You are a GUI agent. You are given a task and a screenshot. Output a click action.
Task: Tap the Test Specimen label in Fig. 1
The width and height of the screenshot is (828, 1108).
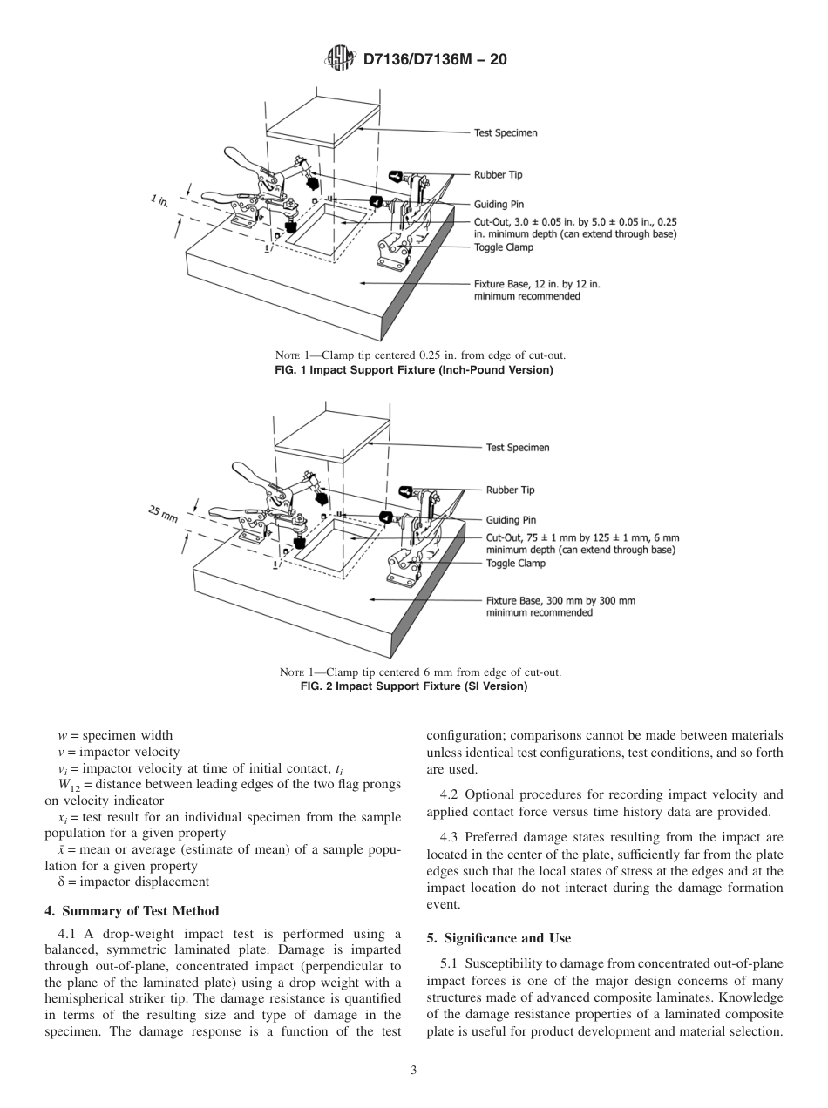coord(506,133)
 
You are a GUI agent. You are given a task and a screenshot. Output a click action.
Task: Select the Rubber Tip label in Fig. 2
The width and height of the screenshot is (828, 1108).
coord(510,490)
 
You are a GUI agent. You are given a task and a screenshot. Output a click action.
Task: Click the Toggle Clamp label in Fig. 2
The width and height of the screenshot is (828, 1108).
coord(515,563)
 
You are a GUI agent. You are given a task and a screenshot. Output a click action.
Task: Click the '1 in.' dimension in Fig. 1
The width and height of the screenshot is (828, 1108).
coord(159,202)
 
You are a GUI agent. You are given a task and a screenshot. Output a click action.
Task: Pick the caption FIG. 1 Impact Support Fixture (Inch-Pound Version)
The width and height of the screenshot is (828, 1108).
coord(414,370)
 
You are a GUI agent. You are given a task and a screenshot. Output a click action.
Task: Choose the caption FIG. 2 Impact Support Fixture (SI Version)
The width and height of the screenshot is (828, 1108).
coord(414,686)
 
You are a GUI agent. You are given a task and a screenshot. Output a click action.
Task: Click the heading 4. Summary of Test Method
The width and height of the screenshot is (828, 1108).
coord(132,912)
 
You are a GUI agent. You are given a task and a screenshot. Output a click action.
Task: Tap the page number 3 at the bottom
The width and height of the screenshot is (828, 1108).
coord(414,1070)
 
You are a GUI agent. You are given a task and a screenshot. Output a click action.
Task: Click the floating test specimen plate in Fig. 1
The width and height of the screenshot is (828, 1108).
coord(322,116)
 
